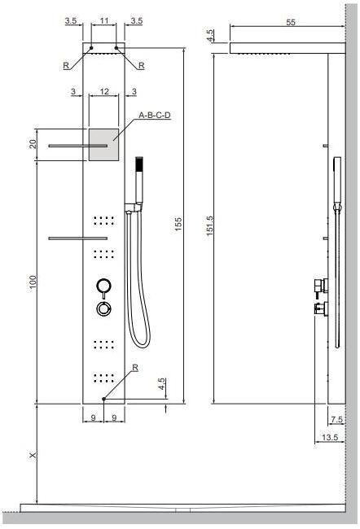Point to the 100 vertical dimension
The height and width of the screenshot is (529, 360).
pos(32,281)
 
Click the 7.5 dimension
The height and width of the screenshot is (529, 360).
pos(336,420)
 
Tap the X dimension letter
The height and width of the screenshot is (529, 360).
pos(32,456)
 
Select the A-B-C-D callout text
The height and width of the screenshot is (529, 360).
pos(154,116)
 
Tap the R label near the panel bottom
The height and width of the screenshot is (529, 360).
pos(135,368)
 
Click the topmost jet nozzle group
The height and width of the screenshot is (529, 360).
pos(103,220)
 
